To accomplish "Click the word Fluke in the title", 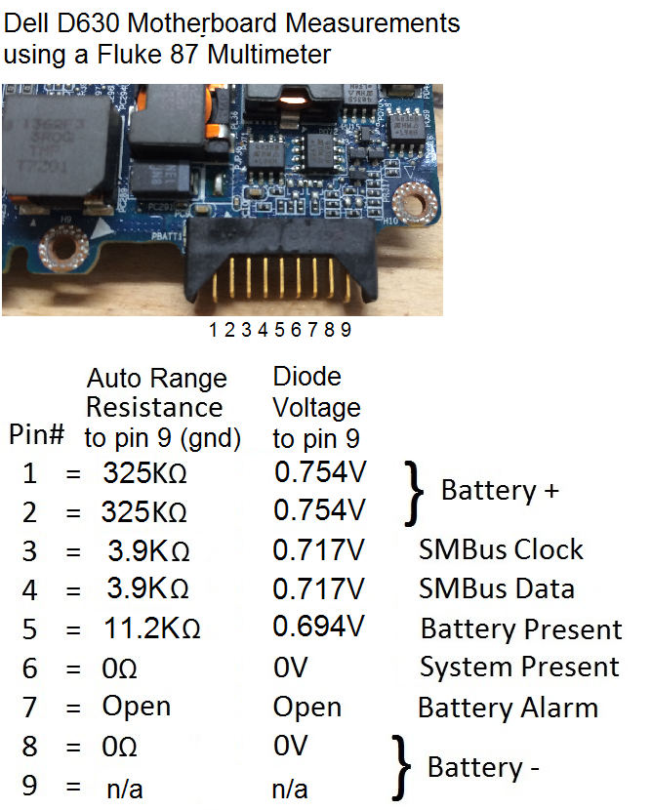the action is (x=129, y=55).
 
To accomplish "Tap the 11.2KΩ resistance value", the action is (x=152, y=628).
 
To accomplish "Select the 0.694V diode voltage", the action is (x=319, y=627).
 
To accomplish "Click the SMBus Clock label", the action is (x=501, y=549).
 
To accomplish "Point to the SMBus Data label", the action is (x=497, y=588).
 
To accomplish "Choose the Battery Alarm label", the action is (x=508, y=708).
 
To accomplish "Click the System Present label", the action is (x=519, y=667).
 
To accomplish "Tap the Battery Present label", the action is (x=521, y=629).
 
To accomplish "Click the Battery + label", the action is (x=500, y=490).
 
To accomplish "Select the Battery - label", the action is (x=483, y=767).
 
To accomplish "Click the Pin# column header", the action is (x=37, y=434).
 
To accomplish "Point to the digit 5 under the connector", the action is (x=279, y=330).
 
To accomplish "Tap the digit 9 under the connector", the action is (x=346, y=330).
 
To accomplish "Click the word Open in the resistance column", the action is (x=137, y=708).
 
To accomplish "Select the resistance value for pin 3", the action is (x=148, y=550).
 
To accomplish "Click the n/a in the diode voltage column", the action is (x=290, y=790).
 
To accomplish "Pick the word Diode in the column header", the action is (x=306, y=377).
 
